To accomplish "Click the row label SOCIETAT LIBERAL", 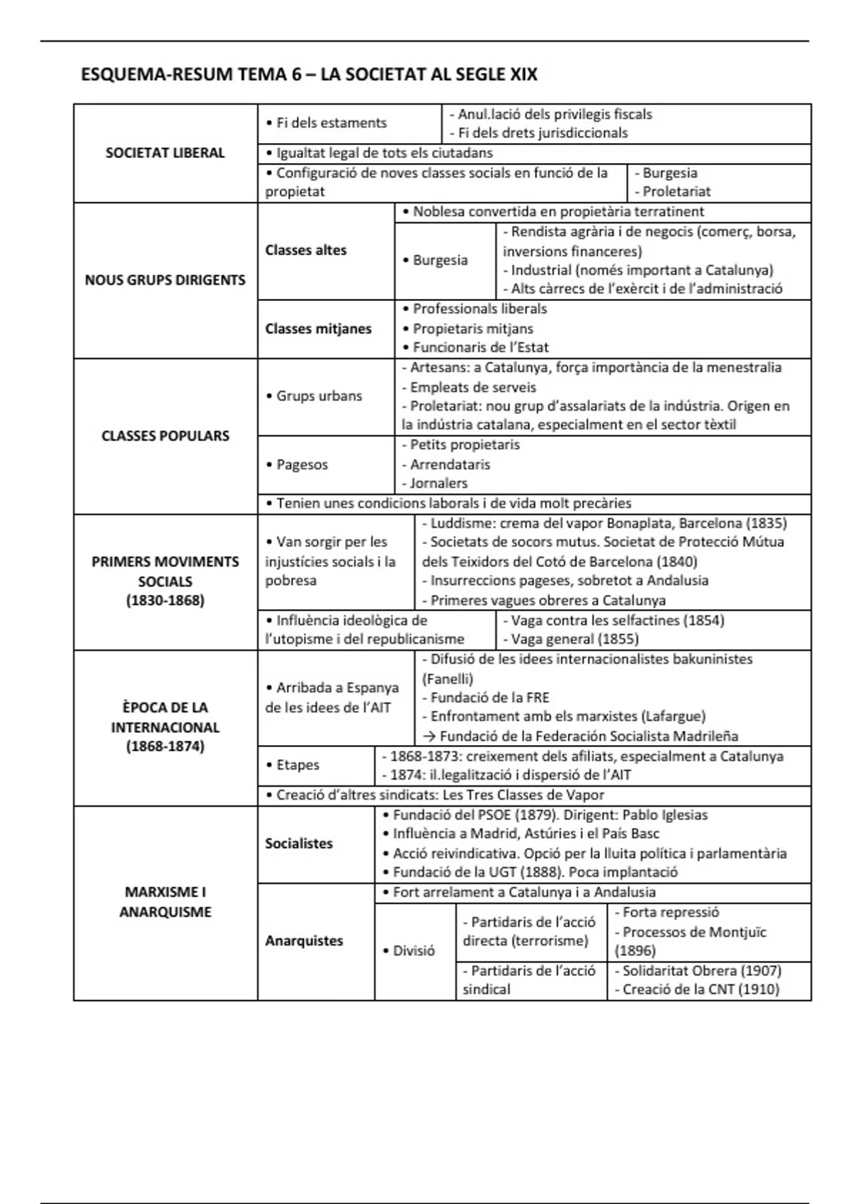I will (x=165, y=153).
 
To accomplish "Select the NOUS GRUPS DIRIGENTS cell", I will (x=165, y=280).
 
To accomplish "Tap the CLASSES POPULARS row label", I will (x=165, y=436).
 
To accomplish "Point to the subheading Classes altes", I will (x=306, y=250).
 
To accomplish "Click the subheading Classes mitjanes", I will (x=318, y=329).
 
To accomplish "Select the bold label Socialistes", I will (x=299, y=844).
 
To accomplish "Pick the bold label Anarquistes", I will (x=304, y=941).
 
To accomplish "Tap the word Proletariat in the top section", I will (x=676, y=191).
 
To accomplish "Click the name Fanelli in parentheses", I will (x=448, y=678).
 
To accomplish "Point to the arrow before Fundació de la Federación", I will (x=428, y=737).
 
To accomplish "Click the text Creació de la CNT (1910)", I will (x=701, y=989).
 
